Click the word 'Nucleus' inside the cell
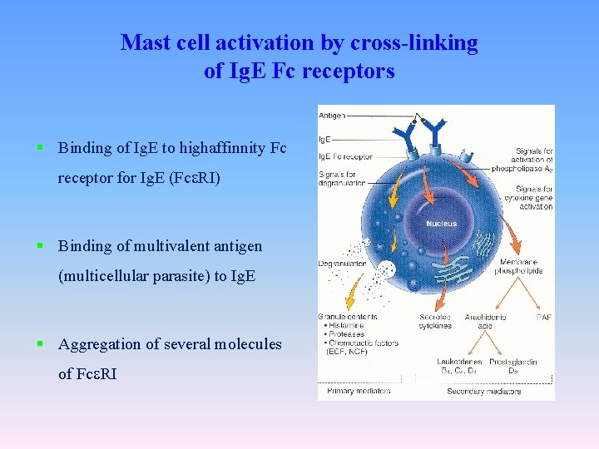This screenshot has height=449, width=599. click(x=441, y=224)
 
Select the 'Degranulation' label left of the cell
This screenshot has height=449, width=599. click(x=342, y=264)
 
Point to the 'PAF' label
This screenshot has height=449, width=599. click(x=543, y=316)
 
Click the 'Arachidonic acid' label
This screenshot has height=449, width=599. click(x=479, y=321)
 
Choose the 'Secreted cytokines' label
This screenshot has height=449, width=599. click(x=435, y=321)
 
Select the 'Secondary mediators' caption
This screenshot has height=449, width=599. click(x=483, y=391)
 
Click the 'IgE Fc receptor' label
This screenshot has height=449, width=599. click(x=344, y=157)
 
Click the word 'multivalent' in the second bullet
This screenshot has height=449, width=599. click(x=157, y=246)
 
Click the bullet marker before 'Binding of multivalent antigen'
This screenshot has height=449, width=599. click(x=40, y=245)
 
